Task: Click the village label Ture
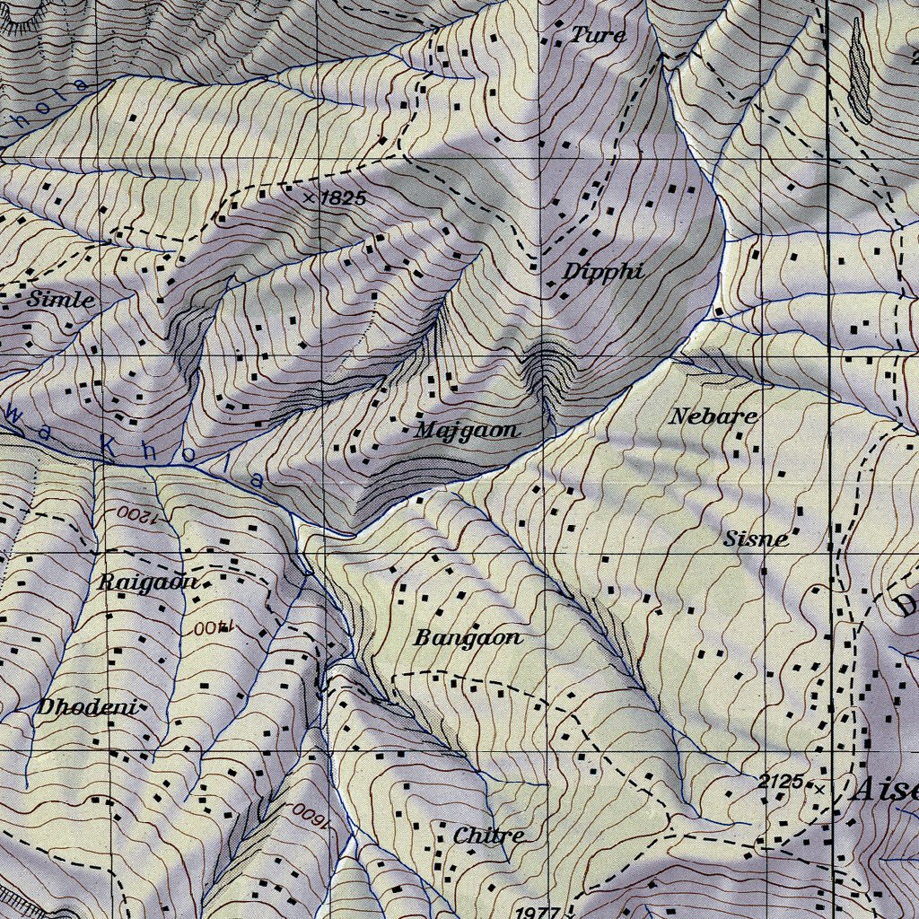(x=599, y=35)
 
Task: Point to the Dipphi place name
(x=604, y=272)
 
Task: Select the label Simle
(x=60, y=300)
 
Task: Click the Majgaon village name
(x=467, y=431)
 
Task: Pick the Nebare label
(x=714, y=416)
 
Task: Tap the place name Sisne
(x=756, y=538)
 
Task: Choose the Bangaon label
(x=468, y=638)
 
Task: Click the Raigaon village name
(x=147, y=582)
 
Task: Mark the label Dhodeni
(x=86, y=707)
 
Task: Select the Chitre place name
(x=488, y=836)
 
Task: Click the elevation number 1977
(x=538, y=911)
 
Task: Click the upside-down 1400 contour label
(x=212, y=629)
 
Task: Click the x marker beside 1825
(x=310, y=197)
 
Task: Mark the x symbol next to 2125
(x=818, y=789)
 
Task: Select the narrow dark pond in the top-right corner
(x=859, y=72)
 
